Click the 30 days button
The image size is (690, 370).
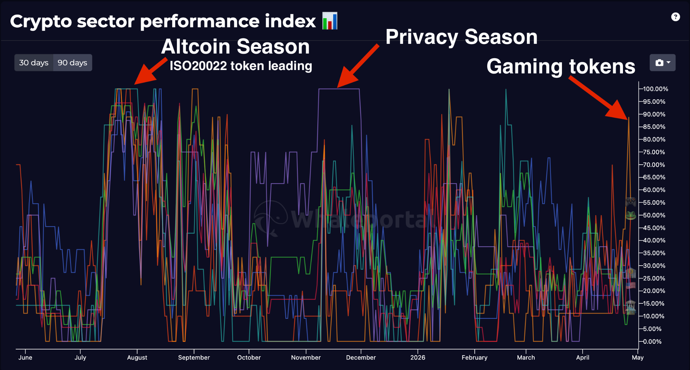[34, 63]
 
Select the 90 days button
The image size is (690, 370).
[72, 63]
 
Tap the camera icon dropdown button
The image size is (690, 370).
[662, 63]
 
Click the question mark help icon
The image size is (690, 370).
[675, 17]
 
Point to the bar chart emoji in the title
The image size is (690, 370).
[330, 21]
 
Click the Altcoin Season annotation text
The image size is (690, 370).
[235, 46]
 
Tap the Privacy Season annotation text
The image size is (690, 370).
[461, 37]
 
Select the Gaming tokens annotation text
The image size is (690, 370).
[561, 66]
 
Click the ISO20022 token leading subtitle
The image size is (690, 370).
[241, 66]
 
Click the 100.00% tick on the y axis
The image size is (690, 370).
[655, 89]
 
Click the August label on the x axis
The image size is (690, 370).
[137, 358]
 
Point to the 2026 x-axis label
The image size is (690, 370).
[417, 358]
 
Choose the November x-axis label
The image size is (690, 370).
[306, 358]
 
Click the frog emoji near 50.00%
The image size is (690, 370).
[630, 215]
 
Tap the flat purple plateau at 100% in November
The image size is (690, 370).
[339, 89]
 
